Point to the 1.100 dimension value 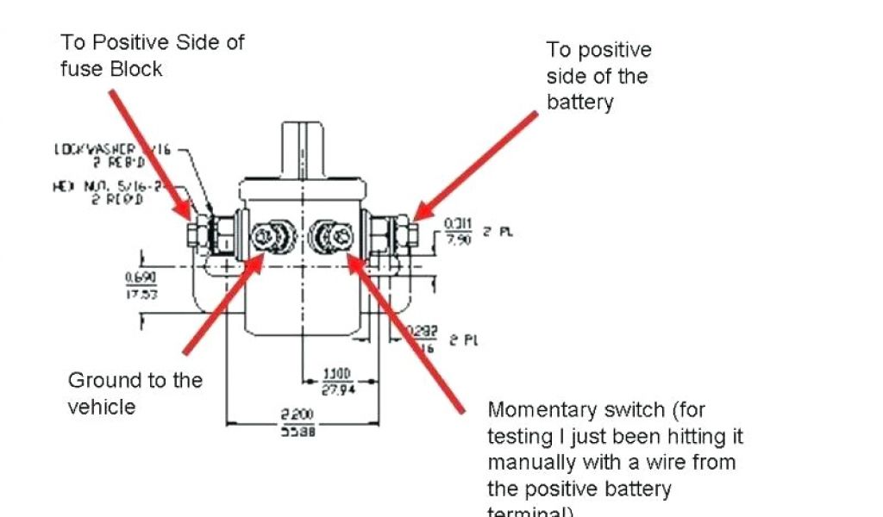coord(337,373)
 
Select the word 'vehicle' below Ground coord(101,407)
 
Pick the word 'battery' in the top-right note coord(579,103)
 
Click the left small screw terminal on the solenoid coord(271,235)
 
